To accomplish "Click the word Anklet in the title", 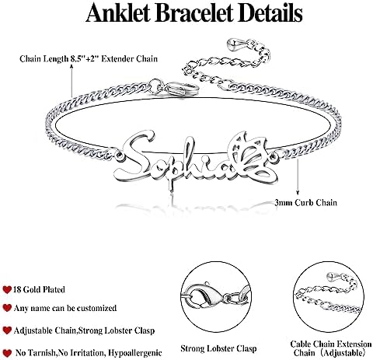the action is tap(118, 12).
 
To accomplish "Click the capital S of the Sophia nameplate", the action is tap(134, 155).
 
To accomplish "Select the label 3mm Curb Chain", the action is tap(306, 202).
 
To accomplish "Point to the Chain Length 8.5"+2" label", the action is tap(89, 58).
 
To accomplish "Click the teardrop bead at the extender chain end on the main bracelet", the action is tap(233, 45).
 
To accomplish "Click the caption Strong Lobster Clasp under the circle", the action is tap(218, 348).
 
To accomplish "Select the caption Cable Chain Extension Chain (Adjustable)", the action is tap(330, 348).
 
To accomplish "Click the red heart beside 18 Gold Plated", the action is tap(7, 289).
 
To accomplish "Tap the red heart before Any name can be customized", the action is tap(7, 308).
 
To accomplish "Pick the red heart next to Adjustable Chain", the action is tap(7, 330).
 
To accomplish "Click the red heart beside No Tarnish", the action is tap(8, 353).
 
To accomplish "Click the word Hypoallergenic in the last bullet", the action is tap(135, 353).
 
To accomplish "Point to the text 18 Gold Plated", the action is tap(39, 289).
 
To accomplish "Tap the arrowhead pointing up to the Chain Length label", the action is tap(71, 67).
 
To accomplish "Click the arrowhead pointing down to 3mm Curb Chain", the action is tap(298, 193).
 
